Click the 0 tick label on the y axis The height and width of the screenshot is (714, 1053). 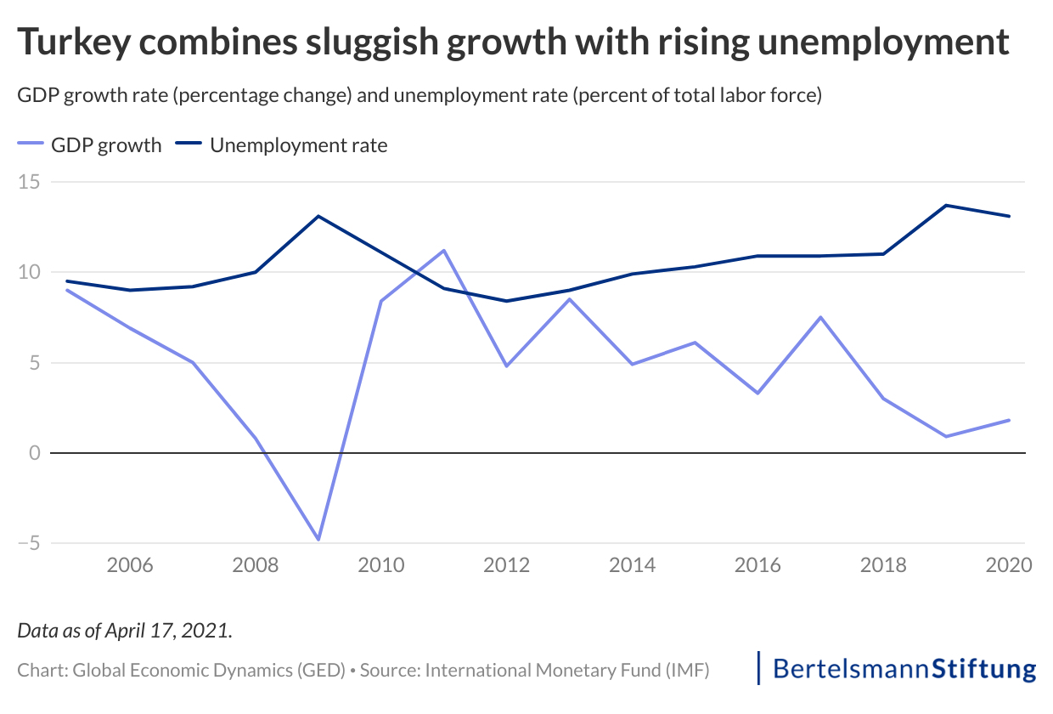(36, 453)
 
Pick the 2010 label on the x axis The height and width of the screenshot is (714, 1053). (380, 565)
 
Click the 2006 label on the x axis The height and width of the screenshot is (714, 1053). (130, 565)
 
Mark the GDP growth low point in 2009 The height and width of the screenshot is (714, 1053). (318, 540)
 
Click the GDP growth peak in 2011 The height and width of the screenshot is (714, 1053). (443, 251)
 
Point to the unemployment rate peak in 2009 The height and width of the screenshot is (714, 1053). (318, 216)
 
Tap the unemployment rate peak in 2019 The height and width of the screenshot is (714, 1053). (946, 206)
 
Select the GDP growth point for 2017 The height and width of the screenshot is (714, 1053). (820, 317)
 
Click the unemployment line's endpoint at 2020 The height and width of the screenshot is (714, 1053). (1009, 216)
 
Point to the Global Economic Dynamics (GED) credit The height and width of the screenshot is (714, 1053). (209, 670)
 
